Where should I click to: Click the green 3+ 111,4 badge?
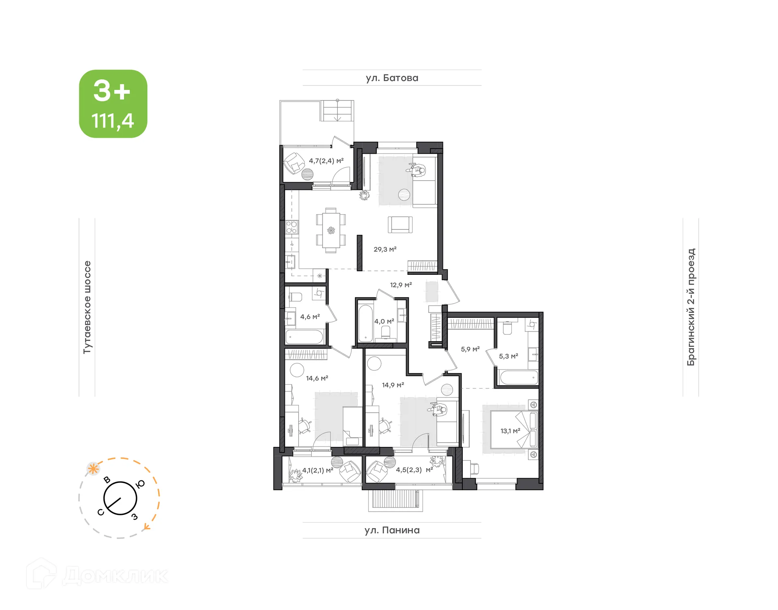pyautogui.click(x=113, y=104)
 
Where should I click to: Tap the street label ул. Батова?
pyautogui.click(x=392, y=78)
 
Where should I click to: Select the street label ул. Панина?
pyautogui.click(x=392, y=530)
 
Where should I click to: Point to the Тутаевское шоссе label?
pyautogui.click(x=87, y=307)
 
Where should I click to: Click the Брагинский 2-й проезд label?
pyautogui.click(x=691, y=307)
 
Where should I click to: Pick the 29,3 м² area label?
pyautogui.click(x=385, y=250)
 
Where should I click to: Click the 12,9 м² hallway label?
pyautogui.click(x=401, y=285)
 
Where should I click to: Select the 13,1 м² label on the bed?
pyautogui.click(x=510, y=431)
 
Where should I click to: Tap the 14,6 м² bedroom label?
pyautogui.click(x=317, y=378)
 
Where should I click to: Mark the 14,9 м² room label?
pyautogui.click(x=393, y=385)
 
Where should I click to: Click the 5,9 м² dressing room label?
pyautogui.click(x=470, y=349)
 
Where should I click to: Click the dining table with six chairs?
pyautogui.click(x=331, y=230)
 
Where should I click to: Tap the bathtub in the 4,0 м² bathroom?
pyautogui.click(x=365, y=323)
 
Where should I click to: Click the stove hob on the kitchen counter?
pyautogui.click(x=291, y=227)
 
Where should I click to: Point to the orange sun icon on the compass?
pyautogui.click(x=94, y=469)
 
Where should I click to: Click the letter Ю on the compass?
pyautogui.click(x=141, y=484)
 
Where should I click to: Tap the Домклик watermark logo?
pyautogui.click(x=97, y=575)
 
